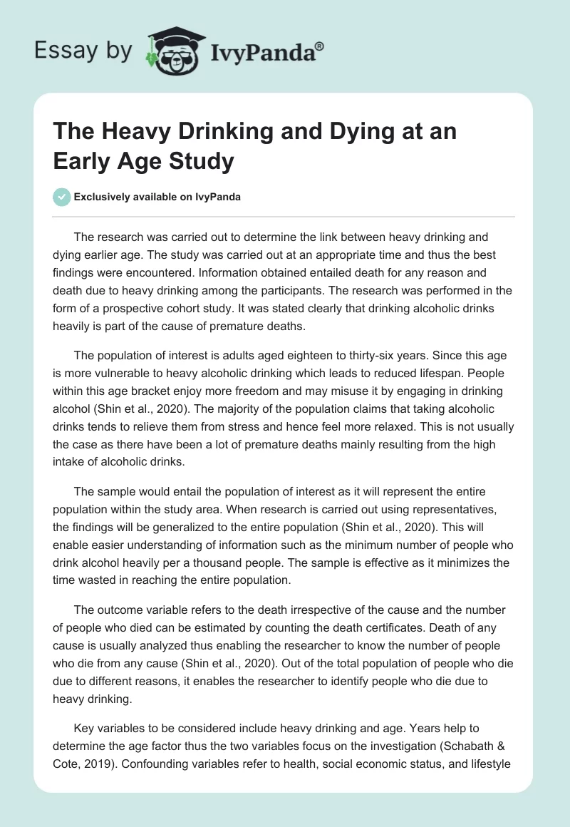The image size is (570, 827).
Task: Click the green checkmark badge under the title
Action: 62,197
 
